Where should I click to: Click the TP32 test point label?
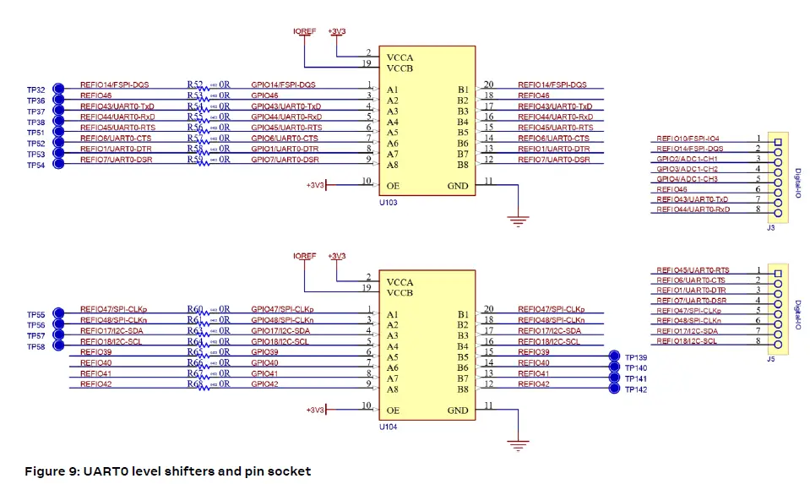pos(35,90)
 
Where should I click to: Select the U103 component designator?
pos(388,203)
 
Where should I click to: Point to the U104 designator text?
pos(388,427)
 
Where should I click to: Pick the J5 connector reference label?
pos(770,358)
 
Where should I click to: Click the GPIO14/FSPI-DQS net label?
pos(283,84)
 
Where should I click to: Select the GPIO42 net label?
pos(264,383)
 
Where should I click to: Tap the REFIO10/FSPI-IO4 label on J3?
pos(688,138)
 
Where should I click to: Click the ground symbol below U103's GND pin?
pos(514,221)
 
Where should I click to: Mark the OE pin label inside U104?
pos(393,411)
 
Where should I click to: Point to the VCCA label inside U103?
pos(400,57)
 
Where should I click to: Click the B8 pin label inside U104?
pos(463,389)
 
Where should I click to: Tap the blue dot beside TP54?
pos(58,165)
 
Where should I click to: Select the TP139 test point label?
pos(636,357)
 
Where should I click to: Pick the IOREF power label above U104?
pos(304,256)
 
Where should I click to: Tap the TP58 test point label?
pos(35,347)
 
